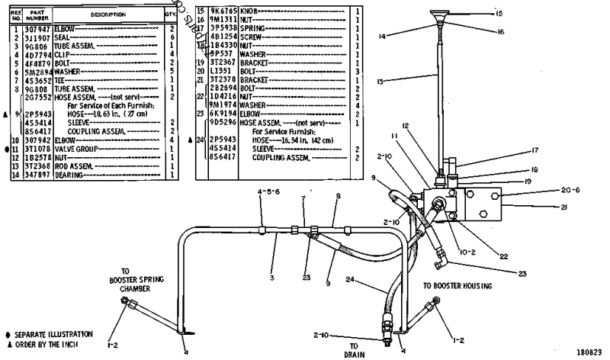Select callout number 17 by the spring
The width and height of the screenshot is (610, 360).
click(x=515, y=150)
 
